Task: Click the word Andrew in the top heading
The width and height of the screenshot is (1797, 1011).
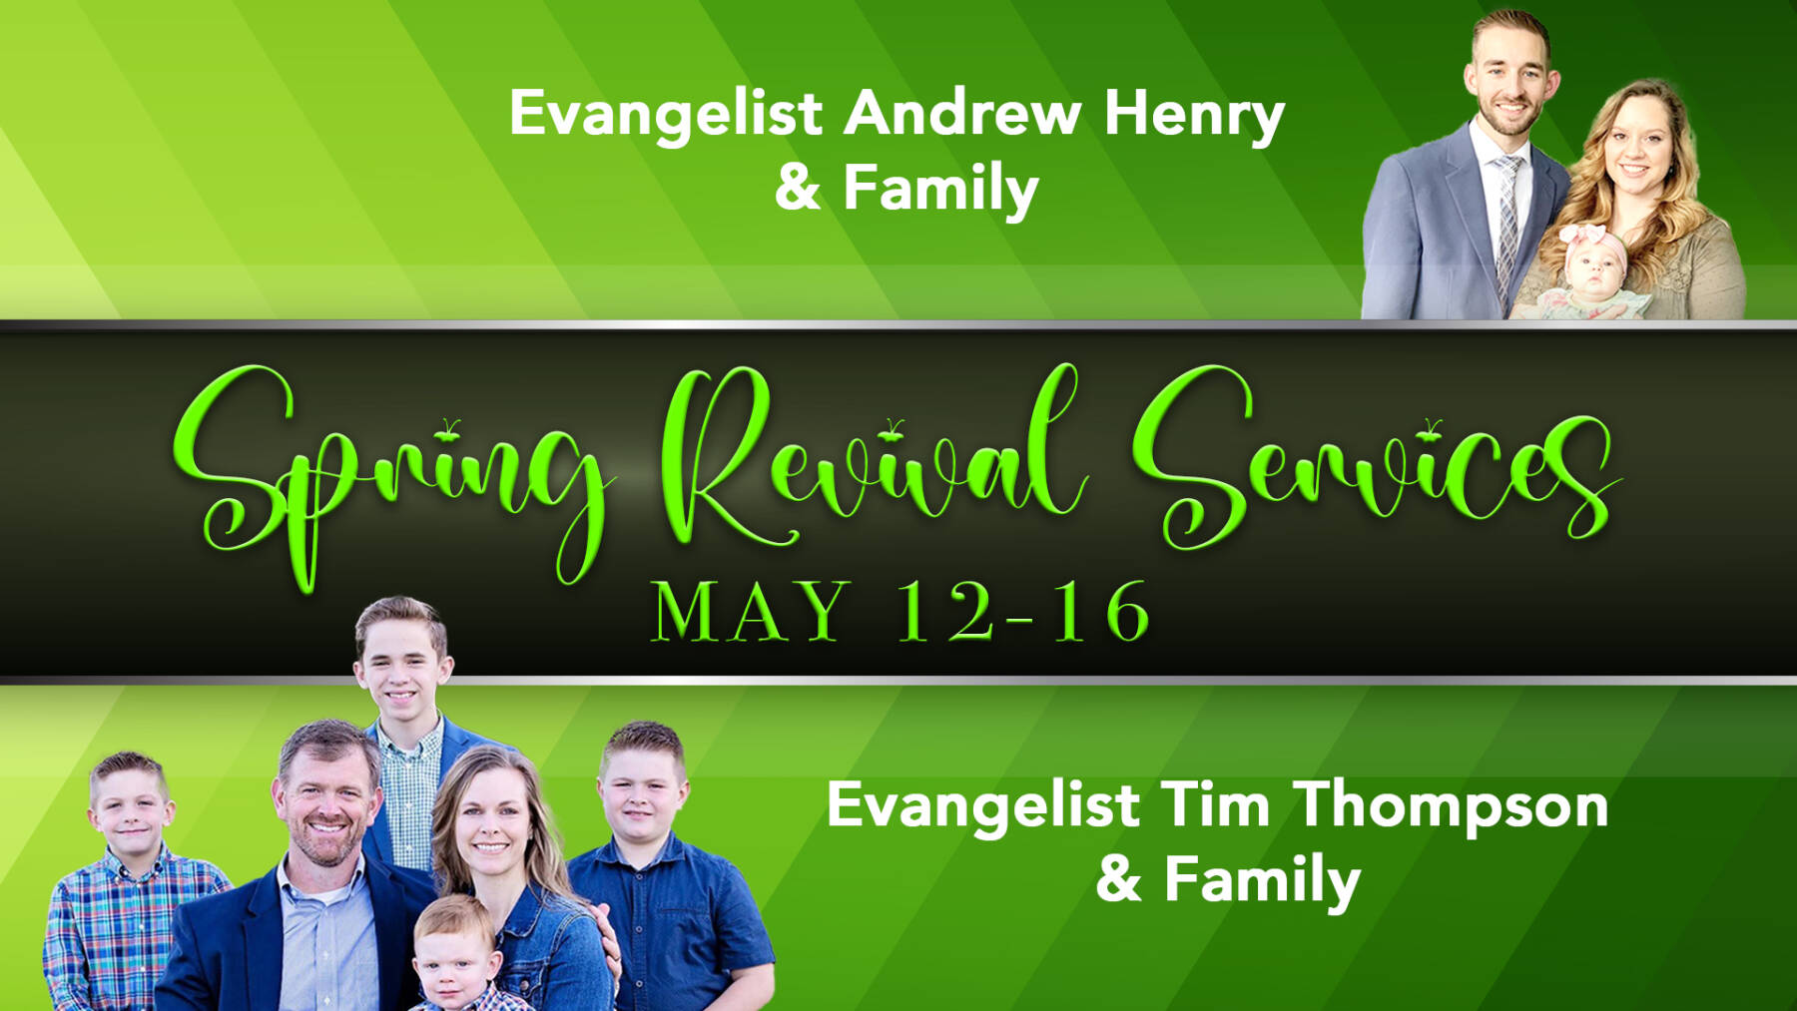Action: (962, 113)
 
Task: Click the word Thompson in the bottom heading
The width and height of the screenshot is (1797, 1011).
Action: (1451, 806)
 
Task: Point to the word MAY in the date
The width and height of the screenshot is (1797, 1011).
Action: (749, 611)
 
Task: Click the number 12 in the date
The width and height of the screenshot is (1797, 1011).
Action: (944, 611)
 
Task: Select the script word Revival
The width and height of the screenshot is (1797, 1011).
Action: (869, 459)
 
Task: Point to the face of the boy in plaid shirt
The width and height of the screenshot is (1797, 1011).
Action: (132, 808)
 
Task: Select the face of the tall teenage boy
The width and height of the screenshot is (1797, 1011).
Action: (401, 664)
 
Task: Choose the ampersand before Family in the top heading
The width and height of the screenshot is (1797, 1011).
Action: (798, 188)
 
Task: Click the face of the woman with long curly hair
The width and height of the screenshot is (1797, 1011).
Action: (1637, 150)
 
